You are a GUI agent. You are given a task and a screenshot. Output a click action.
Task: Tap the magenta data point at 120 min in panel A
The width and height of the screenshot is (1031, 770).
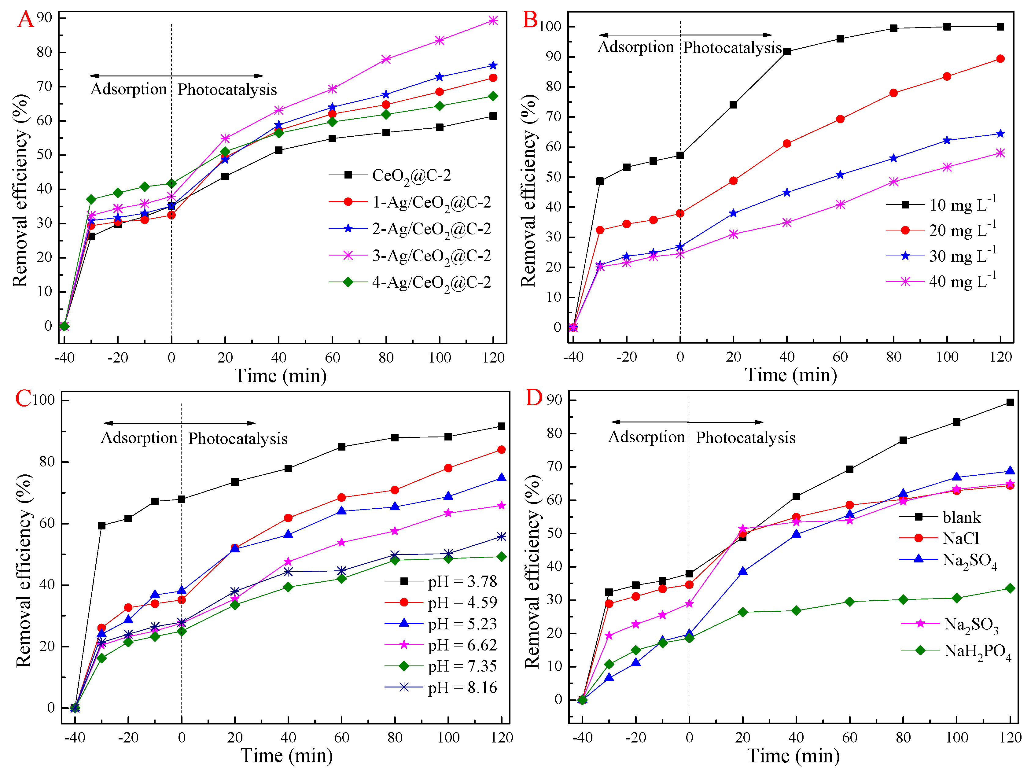tap(493, 20)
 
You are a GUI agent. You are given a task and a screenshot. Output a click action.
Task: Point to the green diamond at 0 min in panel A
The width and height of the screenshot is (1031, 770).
tap(171, 184)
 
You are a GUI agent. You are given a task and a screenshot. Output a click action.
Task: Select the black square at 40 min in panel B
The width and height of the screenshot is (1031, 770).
tap(787, 52)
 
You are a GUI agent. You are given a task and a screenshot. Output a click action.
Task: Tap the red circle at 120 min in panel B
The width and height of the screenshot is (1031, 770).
tap(1000, 59)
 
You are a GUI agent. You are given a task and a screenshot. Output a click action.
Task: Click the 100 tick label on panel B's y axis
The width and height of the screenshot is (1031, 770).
tap(550, 27)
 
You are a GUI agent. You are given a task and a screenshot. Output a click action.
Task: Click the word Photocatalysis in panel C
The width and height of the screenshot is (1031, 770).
tap(238, 439)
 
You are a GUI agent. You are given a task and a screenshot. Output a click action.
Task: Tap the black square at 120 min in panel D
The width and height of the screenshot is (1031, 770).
tap(1010, 402)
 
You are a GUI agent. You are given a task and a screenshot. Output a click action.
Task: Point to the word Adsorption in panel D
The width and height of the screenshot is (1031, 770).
tap(646, 437)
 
